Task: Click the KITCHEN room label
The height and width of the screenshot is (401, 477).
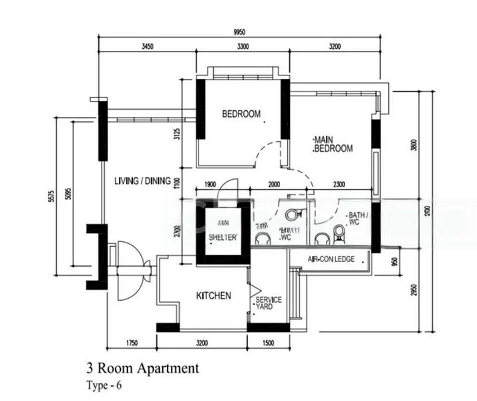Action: (x=213, y=295)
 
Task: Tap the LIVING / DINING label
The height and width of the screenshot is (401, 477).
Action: (x=142, y=181)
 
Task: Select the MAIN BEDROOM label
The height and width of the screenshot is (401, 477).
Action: (x=333, y=144)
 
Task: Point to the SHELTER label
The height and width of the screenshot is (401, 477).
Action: (x=222, y=237)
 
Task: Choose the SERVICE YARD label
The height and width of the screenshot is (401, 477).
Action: (x=269, y=304)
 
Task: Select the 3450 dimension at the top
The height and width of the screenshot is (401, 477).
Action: (x=148, y=46)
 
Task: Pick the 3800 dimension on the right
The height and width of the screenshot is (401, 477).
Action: (x=414, y=145)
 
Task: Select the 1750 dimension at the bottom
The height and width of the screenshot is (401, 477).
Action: (x=131, y=344)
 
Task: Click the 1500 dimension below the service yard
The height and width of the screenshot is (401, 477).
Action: (x=268, y=344)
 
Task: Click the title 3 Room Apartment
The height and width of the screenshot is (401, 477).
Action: (x=142, y=368)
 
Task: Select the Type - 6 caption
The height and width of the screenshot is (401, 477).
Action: (x=104, y=385)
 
